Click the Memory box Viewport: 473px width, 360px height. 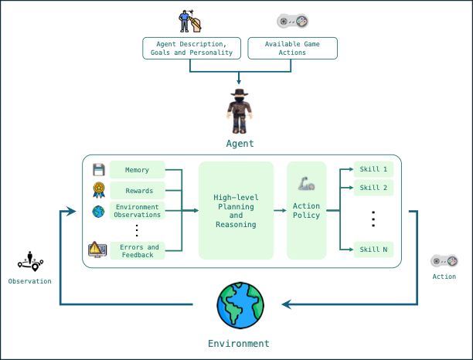click(138, 169)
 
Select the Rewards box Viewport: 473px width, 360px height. click(138, 190)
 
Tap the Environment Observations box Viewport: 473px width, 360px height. click(138, 211)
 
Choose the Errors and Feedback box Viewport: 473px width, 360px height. click(138, 251)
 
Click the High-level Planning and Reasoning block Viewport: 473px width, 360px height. click(236, 209)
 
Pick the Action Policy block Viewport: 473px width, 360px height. click(306, 209)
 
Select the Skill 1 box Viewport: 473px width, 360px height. click(373, 169)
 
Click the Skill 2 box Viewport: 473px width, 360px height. click(373, 187)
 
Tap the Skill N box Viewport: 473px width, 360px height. click(373, 249)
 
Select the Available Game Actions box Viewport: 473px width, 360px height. click(291, 49)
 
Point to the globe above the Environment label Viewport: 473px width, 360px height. click(240, 305)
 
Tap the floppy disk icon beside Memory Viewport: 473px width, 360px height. click(98, 169)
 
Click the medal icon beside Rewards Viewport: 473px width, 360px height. click(98, 189)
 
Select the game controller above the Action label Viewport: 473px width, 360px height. click(444, 261)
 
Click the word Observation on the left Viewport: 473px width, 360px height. click(29, 281)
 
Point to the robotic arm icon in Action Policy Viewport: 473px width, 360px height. click(305, 185)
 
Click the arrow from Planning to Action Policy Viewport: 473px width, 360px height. click(280, 210)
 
